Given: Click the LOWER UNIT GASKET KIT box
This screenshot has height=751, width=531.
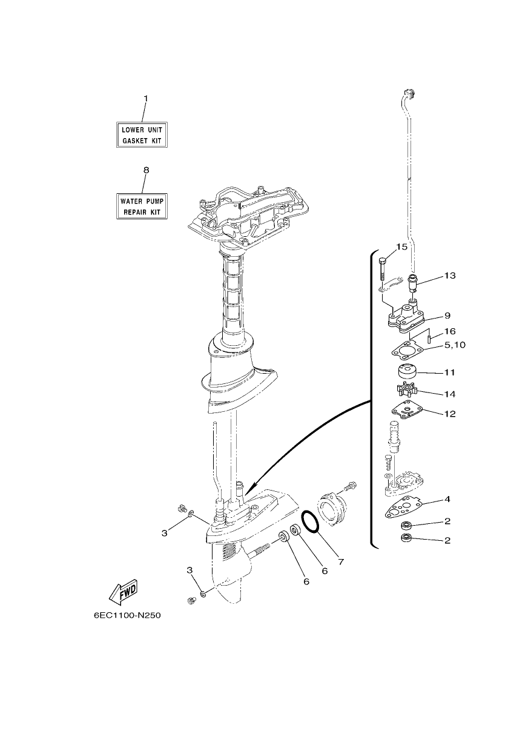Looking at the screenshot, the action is (142, 135).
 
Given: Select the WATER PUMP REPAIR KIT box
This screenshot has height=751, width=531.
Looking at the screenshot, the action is (142, 206).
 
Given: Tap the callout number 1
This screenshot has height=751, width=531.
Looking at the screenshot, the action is (145, 98).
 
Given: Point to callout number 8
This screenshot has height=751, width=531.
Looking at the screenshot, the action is (146, 170).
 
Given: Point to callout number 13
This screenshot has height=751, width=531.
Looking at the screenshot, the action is (450, 276).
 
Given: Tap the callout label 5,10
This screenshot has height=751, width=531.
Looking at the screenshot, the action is (455, 345).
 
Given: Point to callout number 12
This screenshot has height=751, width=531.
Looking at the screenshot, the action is (450, 414).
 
